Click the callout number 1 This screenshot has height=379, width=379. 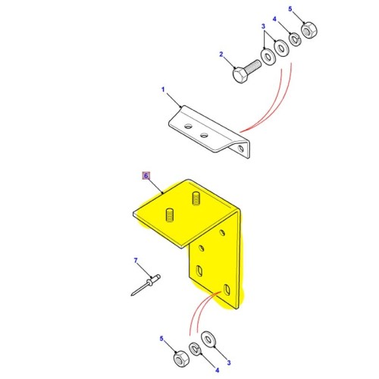pos(162,90)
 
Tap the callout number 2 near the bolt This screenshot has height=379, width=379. pos(221,54)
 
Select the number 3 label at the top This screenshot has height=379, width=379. pos(263,26)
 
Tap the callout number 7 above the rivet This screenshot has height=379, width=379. pos(136,262)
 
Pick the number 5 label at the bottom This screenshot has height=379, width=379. pos(160,337)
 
